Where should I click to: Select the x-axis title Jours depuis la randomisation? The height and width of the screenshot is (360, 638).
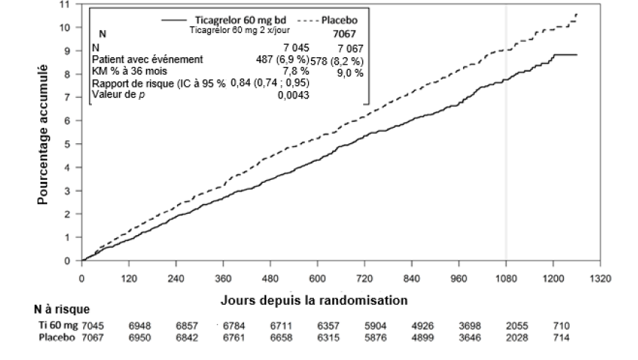tap(314, 301)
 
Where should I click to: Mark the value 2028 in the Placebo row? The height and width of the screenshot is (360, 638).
tap(517, 336)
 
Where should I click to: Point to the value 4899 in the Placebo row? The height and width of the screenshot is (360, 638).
tap(422, 336)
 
